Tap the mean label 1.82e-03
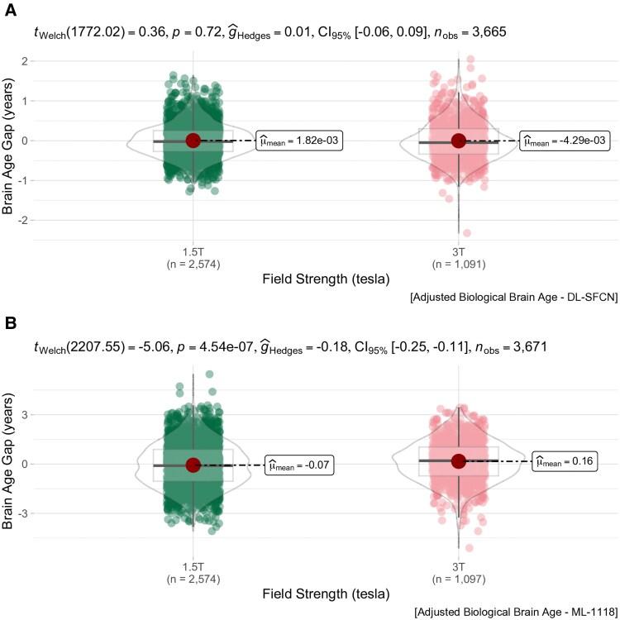[x=300, y=141]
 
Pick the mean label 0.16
[x=565, y=461]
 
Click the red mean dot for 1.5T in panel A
[x=193, y=141]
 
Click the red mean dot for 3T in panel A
[x=459, y=141]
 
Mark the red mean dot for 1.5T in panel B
[x=193, y=465]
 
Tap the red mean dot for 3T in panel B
[x=459, y=461]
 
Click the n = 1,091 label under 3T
[x=459, y=264]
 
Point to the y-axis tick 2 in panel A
[x=26, y=61]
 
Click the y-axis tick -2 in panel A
[x=25, y=220]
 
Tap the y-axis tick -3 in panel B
[x=25, y=513]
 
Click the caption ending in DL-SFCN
[x=513, y=298]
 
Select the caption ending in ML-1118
[x=513, y=611]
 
